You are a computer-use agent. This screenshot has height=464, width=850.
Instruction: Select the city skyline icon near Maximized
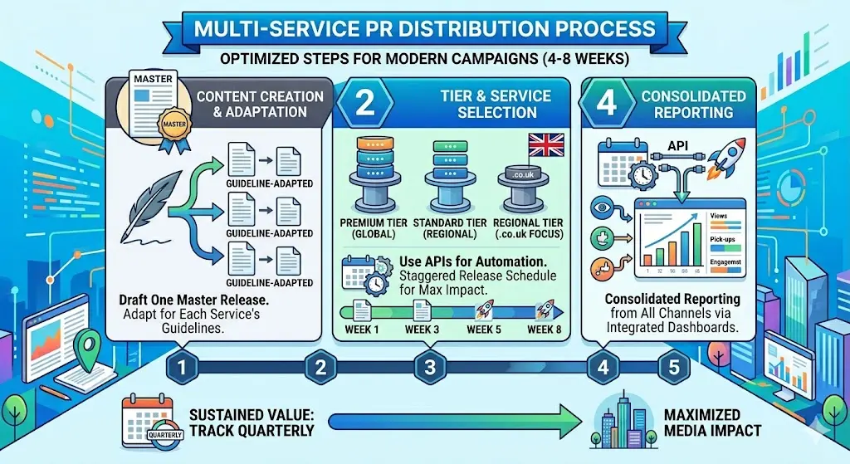(x=625, y=422)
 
